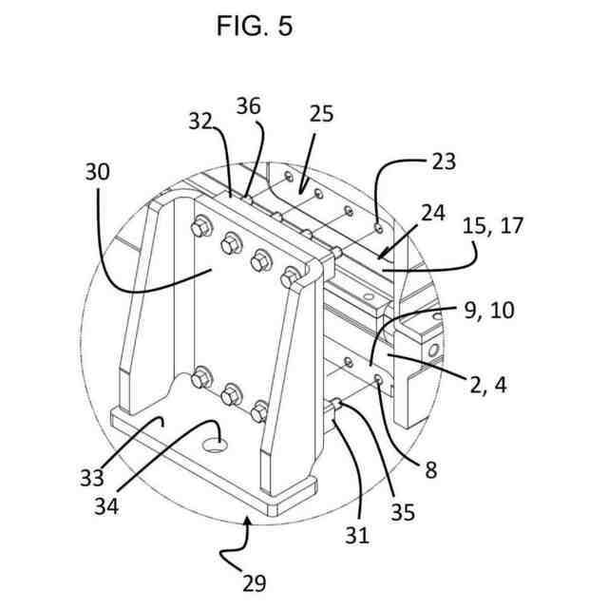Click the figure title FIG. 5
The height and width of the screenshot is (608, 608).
[255, 27]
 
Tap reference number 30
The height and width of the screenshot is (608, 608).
[97, 173]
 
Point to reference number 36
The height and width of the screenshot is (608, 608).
[248, 106]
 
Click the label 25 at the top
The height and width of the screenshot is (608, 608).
[322, 116]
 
